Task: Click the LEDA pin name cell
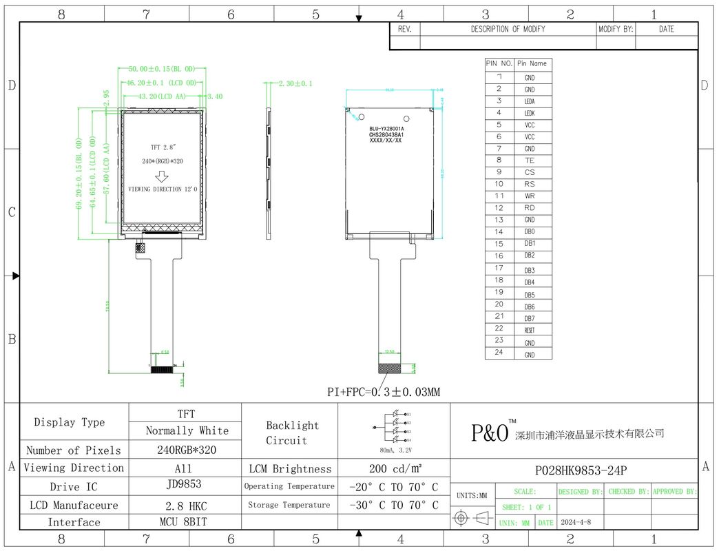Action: pyautogui.click(x=529, y=101)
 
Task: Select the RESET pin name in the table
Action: pyautogui.click(x=529, y=331)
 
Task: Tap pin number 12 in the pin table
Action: pyautogui.click(x=499, y=207)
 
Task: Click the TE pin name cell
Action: pyautogui.click(x=529, y=160)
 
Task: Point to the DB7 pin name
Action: pyautogui.click(x=529, y=318)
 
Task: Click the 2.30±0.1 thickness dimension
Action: pyautogui.click(x=295, y=83)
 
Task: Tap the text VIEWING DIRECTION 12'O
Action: pyautogui.click(x=164, y=189)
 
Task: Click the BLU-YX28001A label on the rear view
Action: pyautogui.click(x=386, y=129)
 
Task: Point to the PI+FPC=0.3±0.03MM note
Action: pyautogui.click(x=383, y=392)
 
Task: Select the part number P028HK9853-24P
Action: pyautogui.click(x=581, y=471)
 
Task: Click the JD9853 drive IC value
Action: pyautogui.click(x=185, y=484)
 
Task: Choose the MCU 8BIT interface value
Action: pyautogui.click(x=185, y=521)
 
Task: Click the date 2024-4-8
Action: pyautogui.click(x=576, y=522)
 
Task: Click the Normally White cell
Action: pyautogui.click(x=187, y=430)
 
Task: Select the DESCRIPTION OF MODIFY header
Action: pyautogui.click(x=508, y=29)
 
